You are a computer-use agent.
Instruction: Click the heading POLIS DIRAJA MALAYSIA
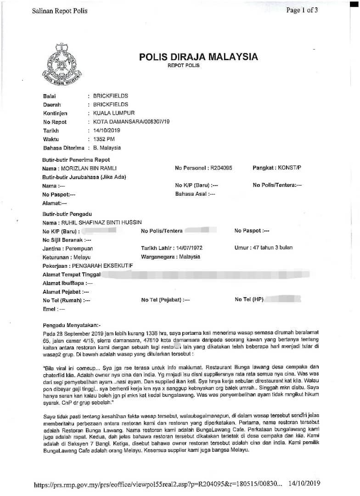[198, 57]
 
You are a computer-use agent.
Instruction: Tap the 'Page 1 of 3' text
[302, 10]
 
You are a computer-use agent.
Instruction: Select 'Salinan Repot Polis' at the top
[59, 11]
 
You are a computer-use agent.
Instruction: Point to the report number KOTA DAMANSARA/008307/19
[131, 122]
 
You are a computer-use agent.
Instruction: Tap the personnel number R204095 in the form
[221, 169]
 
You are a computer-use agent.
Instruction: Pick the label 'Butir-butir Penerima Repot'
[76, 160]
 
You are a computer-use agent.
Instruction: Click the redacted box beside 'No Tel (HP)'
[280, 299]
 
